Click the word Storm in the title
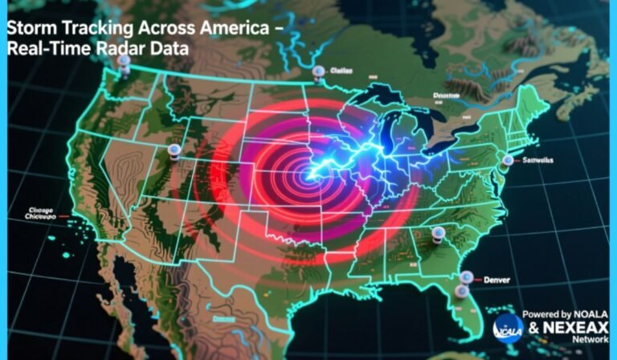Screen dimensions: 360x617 [30, 27]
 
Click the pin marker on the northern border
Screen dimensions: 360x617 [320, 72]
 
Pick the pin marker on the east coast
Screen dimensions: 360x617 [507, 161]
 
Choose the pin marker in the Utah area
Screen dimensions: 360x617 [173, 150]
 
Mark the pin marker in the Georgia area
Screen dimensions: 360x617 [439, 234]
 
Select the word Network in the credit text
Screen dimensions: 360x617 [590, 341]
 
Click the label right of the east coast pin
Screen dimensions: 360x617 [537, 160]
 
